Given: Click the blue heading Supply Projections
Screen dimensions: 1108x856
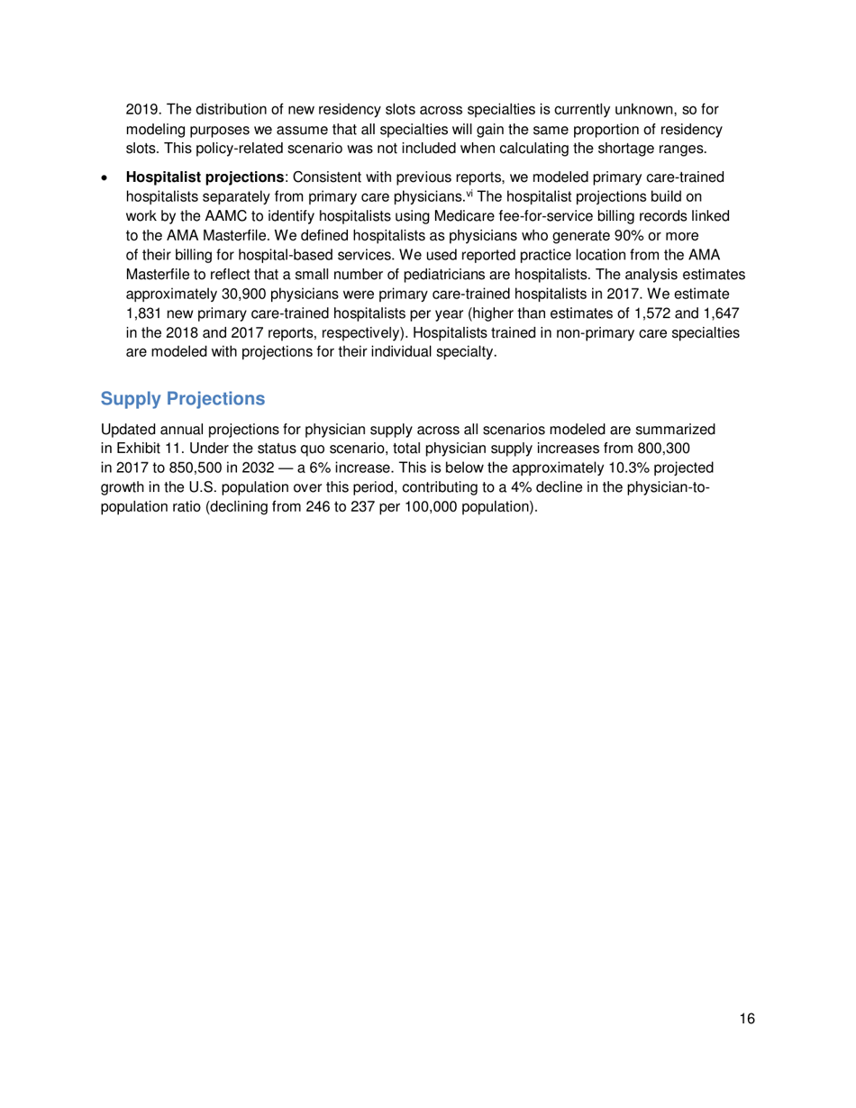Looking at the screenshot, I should (x=183, y=398).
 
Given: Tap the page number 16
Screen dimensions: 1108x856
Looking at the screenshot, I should (x=745, y=1020).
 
